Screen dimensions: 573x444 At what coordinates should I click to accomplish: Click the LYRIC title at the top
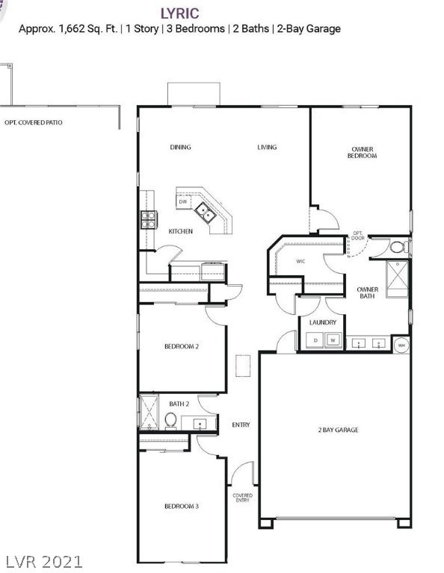179,12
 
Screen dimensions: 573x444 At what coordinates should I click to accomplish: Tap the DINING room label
180,147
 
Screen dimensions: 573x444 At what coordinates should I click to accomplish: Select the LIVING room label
267,147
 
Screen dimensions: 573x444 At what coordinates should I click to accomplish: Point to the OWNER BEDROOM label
363,153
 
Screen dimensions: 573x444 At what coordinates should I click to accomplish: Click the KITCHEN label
180,231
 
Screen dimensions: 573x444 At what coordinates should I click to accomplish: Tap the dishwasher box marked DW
182,201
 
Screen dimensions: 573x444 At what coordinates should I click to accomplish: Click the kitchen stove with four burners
149,219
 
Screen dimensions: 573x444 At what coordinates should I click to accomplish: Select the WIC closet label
300,261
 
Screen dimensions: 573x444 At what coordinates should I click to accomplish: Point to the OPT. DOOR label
358,236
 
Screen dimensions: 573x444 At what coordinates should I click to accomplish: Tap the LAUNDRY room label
322,322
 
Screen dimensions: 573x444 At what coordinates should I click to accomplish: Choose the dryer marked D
315,341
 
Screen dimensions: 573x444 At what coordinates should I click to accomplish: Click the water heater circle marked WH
401,345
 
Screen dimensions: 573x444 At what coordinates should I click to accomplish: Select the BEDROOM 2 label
182,346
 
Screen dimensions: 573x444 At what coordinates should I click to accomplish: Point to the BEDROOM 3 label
182,507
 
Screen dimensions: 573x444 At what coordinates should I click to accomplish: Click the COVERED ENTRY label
242,498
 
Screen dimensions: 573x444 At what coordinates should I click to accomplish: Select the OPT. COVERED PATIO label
34,122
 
